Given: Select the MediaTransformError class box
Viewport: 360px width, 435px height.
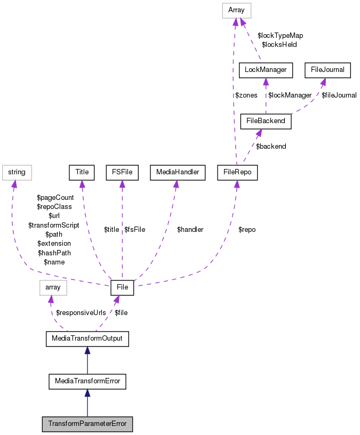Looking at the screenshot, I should pos(87,381).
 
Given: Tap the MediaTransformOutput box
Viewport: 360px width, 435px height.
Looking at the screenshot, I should pos(87,339).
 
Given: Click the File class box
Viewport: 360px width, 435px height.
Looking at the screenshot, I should pos(122,288).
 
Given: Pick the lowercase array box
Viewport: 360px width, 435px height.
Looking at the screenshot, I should pos(53,288).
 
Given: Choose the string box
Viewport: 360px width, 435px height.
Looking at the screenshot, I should pos(17,172).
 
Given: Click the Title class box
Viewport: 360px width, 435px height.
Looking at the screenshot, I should pos(82,172).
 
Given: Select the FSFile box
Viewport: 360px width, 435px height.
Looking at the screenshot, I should pos(122,172).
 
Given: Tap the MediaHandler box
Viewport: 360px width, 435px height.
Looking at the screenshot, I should pos(178,172).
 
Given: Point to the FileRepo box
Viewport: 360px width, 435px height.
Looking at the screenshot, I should pos(237,172).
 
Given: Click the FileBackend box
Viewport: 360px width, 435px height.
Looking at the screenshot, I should pos(266,120).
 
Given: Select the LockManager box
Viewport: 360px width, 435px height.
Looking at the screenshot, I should pos(266,69).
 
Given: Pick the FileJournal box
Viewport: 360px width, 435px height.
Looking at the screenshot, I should pos(327,69).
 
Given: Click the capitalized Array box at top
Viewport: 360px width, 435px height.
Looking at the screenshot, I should pos(236,10).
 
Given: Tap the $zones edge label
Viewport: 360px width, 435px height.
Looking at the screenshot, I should pos(246,95).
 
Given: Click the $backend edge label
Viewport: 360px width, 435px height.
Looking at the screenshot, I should pos(271,146).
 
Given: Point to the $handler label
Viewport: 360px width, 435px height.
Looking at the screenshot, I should pos(190,230).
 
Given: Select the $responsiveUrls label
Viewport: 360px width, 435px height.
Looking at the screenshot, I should pos(81,312).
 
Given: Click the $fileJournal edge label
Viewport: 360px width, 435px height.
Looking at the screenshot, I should pos(339,95).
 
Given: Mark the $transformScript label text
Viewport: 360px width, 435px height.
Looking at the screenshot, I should pos(53,225).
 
